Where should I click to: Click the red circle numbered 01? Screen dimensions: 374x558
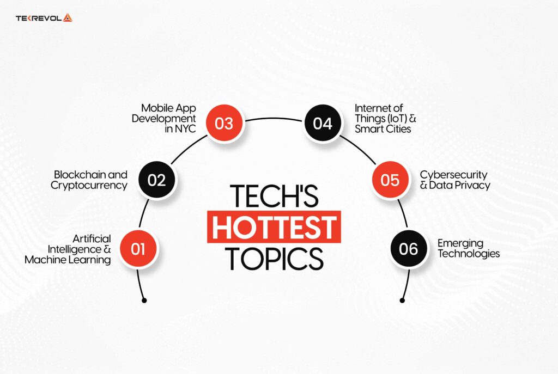click(x=138, y=249)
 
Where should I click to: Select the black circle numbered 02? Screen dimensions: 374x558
click(x=156, y=180)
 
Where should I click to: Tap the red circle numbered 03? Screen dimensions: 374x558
click(x=224, y=123)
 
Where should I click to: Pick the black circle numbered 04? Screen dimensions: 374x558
click(x=323, y=123)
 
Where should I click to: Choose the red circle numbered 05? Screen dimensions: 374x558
click(x=390, y=180)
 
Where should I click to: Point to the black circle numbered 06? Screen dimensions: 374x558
click(x=408, y=249)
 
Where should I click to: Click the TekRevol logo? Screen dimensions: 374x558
click(x=44, y=18)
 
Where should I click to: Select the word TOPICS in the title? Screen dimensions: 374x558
click(x=274, y=258)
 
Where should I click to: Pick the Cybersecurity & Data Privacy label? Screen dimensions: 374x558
click(x=455, y=180)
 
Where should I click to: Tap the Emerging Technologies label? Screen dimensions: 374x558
click(x=469, y=248)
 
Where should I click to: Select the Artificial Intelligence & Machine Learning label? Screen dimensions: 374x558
click(x=68, y=249)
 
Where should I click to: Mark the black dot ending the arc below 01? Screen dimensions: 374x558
click(x=144, y=300)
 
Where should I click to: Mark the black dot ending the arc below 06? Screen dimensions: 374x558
click(x=403, y=300)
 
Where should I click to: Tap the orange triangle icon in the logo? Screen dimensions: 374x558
click(x=67, y=18)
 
